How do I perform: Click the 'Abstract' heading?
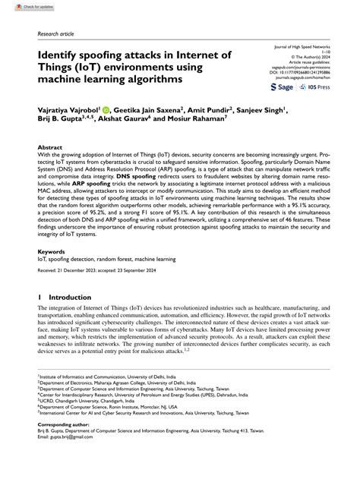click(x=50, y=149)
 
